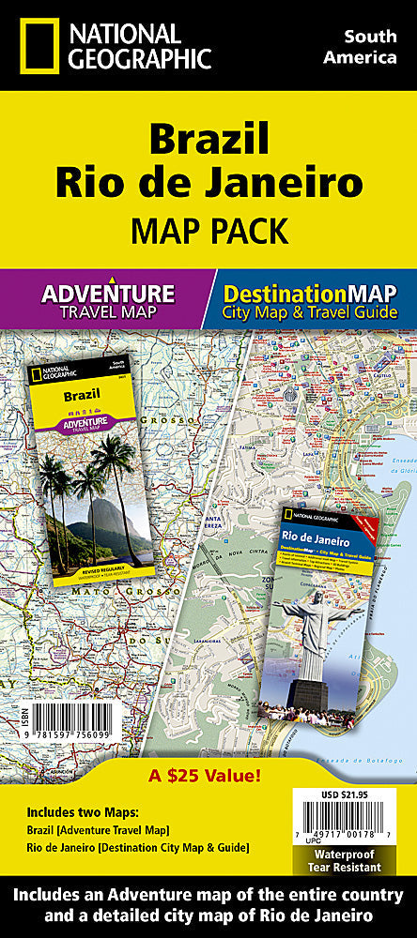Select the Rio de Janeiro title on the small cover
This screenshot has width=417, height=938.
coord(317,537)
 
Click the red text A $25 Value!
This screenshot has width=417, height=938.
coord(208,776)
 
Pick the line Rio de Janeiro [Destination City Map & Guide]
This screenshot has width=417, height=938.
coord(137,848)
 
